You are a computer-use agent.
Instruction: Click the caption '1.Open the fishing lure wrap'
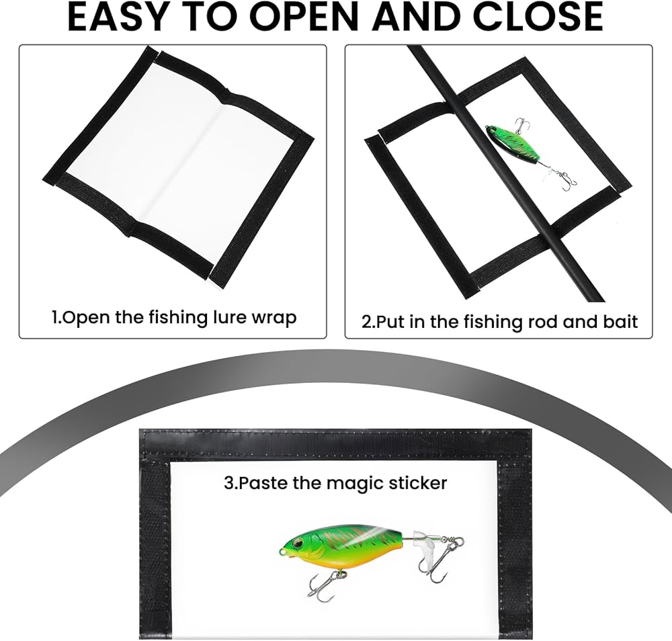[174, 318]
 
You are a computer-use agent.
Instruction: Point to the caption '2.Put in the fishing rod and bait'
[499, 321]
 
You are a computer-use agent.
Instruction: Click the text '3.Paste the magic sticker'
[335, 483]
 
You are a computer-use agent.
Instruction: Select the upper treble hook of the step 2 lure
[521, 124]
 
